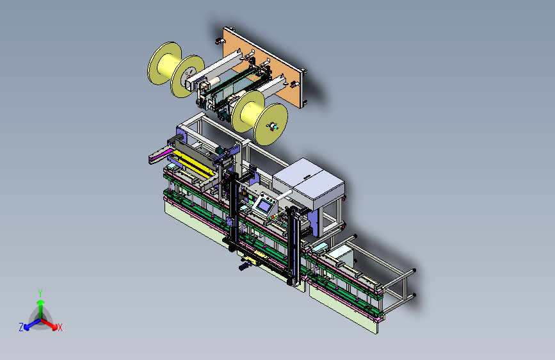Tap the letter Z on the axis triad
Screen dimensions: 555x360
pyautogui.click(x=21, y=327)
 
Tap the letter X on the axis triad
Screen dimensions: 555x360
pyautogui.click(x=60, y=327)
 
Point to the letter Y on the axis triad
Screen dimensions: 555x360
pyautogui.click(x=40, y=293)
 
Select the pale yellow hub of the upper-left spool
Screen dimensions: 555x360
pyautogui.click(x=169, y=65)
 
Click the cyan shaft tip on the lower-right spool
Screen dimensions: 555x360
pyautogui.click(x=273, y=126)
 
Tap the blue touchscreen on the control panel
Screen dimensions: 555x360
pyautogui.click(x=264, y=206)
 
